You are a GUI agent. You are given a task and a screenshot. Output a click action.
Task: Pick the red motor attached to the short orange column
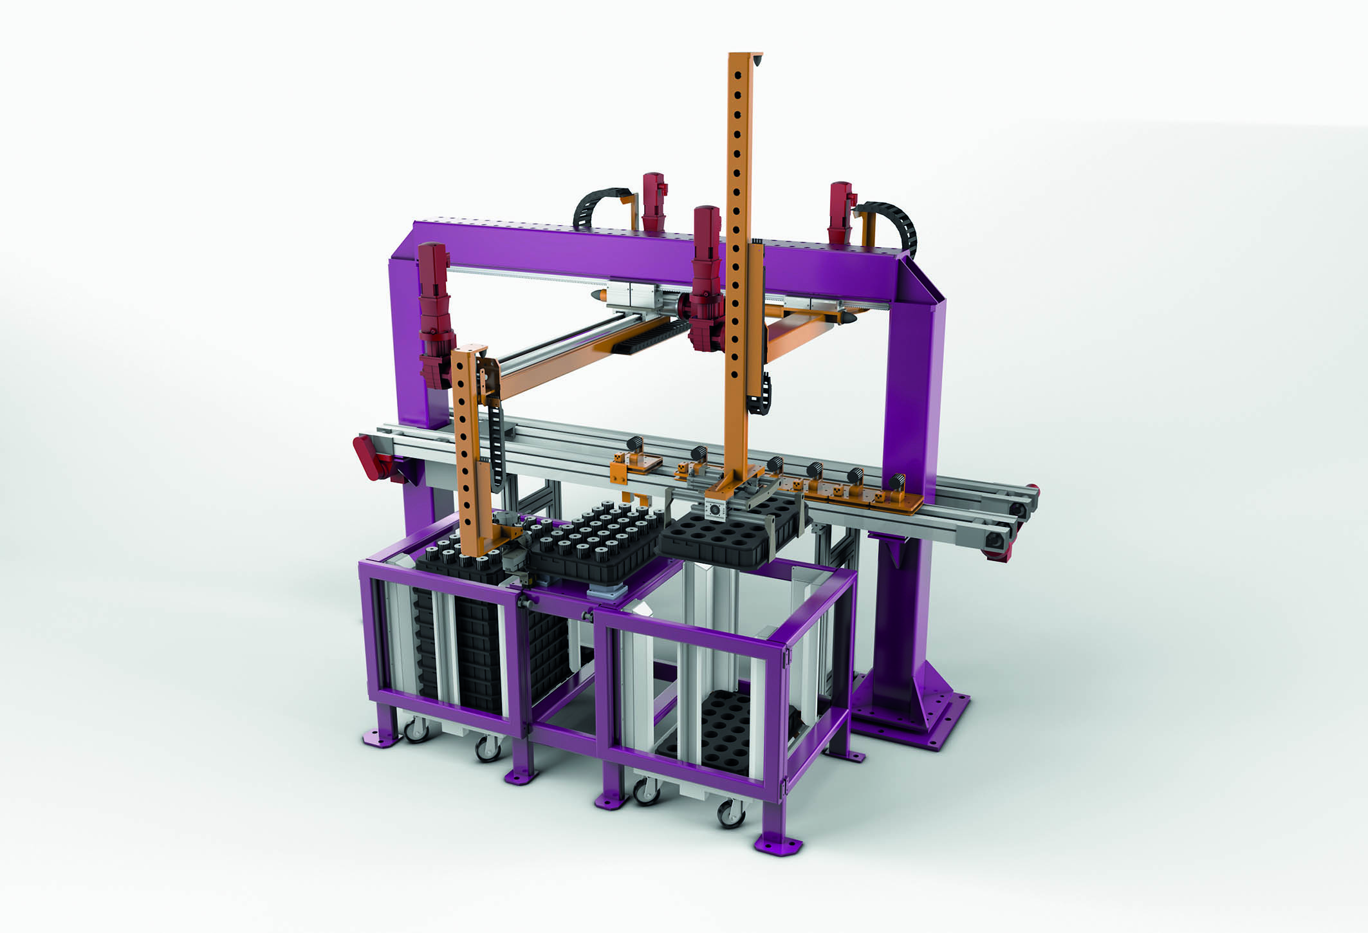435,315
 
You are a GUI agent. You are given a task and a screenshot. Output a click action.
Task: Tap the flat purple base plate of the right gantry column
927,721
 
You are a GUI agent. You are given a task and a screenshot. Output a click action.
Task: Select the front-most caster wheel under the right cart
730,814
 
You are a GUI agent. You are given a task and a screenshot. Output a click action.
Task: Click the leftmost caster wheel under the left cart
415,730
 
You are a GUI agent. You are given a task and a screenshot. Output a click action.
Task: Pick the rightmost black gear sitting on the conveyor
896,481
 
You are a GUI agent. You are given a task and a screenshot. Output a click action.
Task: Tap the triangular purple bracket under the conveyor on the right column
891,550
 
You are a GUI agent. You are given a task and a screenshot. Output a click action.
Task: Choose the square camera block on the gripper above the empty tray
716,508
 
